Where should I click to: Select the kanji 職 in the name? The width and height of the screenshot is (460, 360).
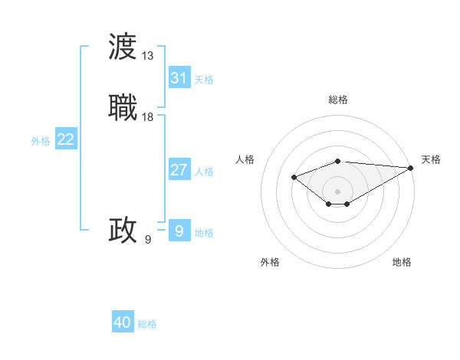[123, 106]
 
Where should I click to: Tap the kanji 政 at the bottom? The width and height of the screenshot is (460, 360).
[123, 230]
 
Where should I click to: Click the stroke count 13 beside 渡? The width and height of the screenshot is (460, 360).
[148, 56]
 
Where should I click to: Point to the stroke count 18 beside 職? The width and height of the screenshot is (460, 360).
[148, 116]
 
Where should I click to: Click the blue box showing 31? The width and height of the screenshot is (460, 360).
[179, 78]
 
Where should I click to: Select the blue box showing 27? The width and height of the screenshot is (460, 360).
[179, 170]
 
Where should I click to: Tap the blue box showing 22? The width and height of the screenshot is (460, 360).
[66, 139]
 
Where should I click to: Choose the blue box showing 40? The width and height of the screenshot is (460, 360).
[123, 322]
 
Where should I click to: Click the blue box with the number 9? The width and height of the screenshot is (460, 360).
[179, 231]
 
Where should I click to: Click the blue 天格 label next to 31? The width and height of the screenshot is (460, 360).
[204, 80]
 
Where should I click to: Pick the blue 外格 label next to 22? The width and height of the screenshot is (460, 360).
[41, 141]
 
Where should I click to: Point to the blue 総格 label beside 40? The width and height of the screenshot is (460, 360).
[147, 324]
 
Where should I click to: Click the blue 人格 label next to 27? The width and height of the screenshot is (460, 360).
[204, 172]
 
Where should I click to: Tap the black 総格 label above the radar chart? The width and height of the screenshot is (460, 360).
[338, 100]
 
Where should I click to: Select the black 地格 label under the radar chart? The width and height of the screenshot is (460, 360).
[402, 263]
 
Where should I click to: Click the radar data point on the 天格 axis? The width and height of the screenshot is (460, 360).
[411, 168]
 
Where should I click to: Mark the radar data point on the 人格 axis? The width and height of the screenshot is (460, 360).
[294, 177]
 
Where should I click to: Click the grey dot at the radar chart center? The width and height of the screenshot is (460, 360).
[338, 191]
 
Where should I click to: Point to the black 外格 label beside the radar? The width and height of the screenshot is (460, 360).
[270, 263]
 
